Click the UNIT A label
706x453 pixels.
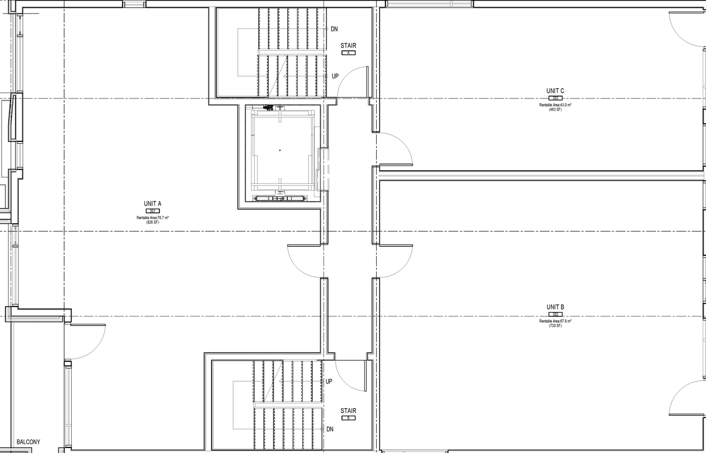(152, 204)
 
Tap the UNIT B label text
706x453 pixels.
(555, 307)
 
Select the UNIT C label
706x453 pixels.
(555, 91)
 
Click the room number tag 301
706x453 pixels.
(152, 211)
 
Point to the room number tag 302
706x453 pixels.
(555, 314)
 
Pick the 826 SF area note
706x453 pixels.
(152, 222)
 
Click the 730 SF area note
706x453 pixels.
(555, 325)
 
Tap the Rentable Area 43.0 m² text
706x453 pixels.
(555, 104)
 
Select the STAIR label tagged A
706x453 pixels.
(348, 46)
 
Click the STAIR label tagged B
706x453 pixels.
(348, 411)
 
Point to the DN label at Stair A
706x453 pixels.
(334, 29)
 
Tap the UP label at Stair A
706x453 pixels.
(335, 76)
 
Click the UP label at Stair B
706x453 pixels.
(329, 382)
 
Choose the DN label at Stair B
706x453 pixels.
(329, 429)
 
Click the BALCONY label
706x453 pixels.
(28, 442)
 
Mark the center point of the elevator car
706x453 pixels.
(280, 150)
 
